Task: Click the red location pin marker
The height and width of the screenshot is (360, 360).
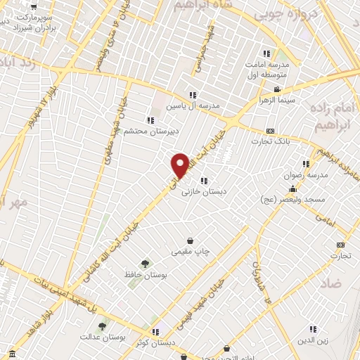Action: tap(181, 164)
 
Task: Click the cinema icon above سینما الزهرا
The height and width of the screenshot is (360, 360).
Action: tap(278, 89)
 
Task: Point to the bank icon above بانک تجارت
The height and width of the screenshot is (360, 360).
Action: tap(271, 131)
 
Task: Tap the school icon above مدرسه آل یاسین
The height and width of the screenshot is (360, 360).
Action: tap(192, 95)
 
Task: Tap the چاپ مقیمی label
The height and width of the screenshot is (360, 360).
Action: tap(190, 250)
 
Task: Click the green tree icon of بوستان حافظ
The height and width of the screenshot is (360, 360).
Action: tap(145, 264)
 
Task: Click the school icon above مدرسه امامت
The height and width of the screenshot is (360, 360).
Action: tap(266, 53)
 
